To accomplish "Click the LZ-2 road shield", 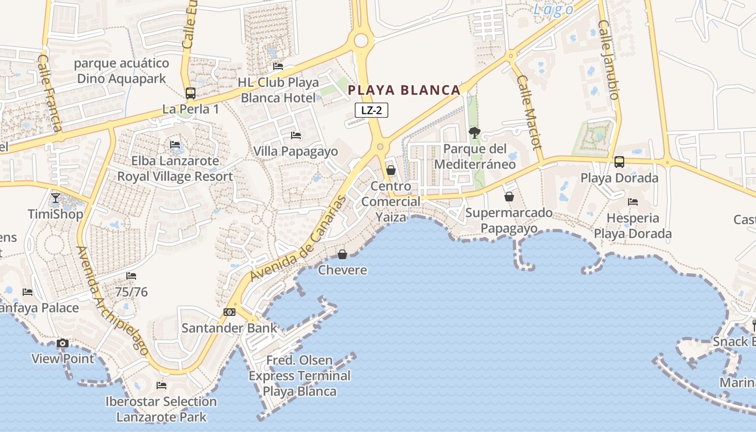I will click(372, 110).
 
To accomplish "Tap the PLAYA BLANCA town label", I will click(404, 90).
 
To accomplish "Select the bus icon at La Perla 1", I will click(191, 93).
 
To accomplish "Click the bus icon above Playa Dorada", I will click(619, 161).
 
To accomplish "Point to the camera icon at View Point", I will click(63, 343).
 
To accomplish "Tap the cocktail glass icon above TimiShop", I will click(55, 198).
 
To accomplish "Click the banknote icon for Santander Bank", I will click(230, 312).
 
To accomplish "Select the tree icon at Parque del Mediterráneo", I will click(475, 132).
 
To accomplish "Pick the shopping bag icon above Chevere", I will click(342, 254).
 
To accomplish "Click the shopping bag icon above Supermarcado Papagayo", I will click(509, 197).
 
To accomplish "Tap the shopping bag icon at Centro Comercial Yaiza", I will click(391, 170).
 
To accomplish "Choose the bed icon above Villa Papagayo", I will click(296, 135).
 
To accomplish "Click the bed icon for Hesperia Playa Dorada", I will click(633, 202).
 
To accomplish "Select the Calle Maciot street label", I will click(529, 112).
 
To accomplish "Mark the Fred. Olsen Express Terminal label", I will click(300, 375).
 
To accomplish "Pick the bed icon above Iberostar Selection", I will click(161, 386).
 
